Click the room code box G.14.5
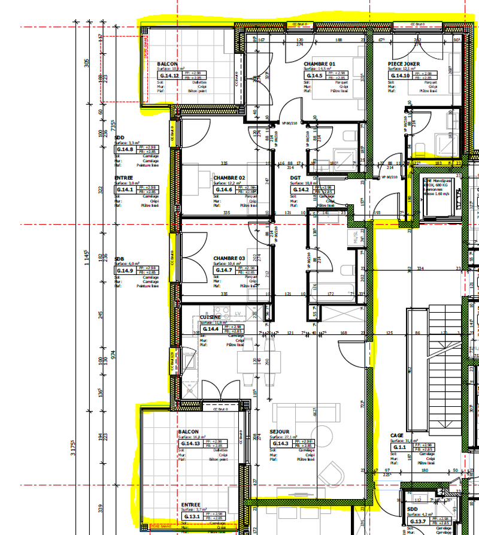pyautogui.click(x=314, y=75)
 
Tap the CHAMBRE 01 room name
pyautogui.click(x=319, y=64)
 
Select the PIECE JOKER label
pyautogui.click(x=404, y=64)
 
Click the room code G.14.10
pyautogui.click(x=400, y=75)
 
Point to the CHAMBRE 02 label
pyautogui.click(x=229, y=178)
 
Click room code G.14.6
pyautogui.click(x=225, y=189)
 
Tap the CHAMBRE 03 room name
pyautogui.click(x=229, y=259)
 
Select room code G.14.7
pyautogui.click(x=225, y=270)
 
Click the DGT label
pyautogui.click(x=296, y=178)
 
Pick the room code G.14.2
pyautogui.click(x=301, y=189)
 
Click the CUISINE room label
pyautogui.click(x=210, y=317)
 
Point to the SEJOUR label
pyautogui.click(x=280, y=431)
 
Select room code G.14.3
pyautogui.click(x=281, y=443)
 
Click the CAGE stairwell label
pyautogui.click(x=396, y=436)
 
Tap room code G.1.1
pyautogui.click(x=400, y=448)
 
